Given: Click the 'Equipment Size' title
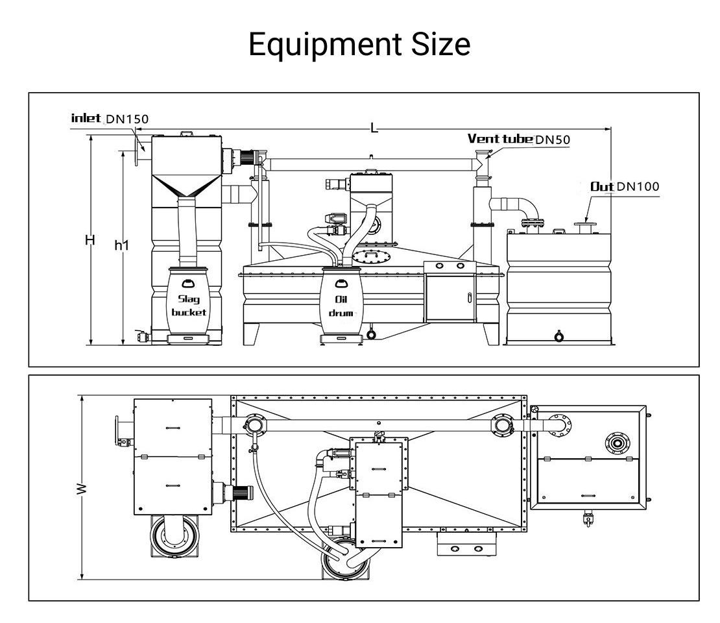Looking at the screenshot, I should click(359, 45).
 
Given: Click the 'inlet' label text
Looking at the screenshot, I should click(86, 117).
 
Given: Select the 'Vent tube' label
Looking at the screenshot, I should click(499, 138).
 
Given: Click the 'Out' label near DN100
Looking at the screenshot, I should click(601, 187).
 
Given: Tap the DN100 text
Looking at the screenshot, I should click(637, 187).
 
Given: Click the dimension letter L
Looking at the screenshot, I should click(374, 128).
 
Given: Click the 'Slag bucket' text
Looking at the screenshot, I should click(188, 306).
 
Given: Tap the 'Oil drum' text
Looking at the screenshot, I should click(341, 306).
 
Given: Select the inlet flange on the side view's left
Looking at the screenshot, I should click(137, 149).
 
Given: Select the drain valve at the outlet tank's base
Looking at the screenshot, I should click(558, 336).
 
